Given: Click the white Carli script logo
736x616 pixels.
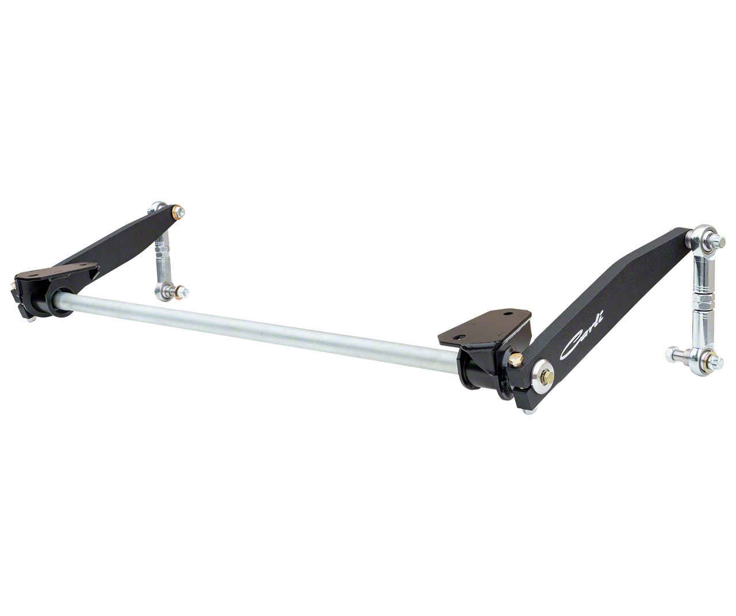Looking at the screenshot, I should point(581,333).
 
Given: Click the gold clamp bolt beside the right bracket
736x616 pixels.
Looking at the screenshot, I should point(515,359).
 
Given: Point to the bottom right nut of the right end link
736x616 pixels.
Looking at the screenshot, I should point(715,362).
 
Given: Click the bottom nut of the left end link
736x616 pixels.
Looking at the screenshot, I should point(182,292).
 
